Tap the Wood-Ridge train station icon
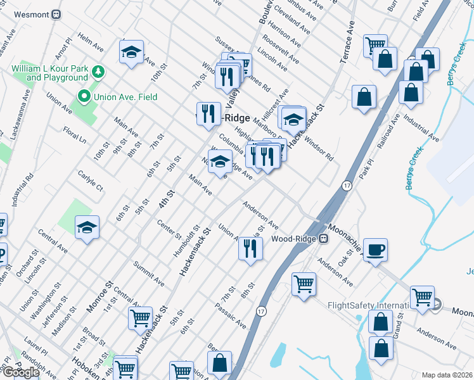point(324,239)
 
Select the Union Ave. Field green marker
point(83,97)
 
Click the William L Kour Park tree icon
point(98,72)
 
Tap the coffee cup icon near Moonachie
point(375,248)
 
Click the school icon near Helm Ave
point(131,53)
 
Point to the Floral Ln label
point(74,134)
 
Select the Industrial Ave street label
point(421,129)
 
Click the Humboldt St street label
point(187,241)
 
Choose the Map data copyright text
point(447,375)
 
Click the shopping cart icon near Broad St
point(139,317)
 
